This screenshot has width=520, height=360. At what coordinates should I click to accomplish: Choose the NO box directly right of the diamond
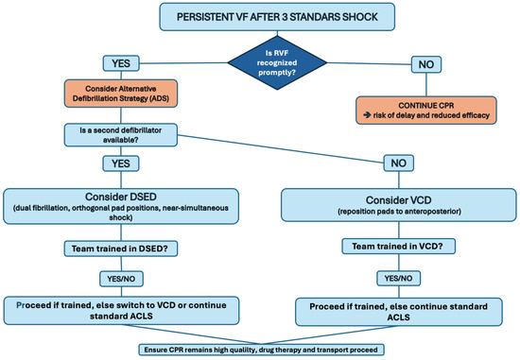[424, 65]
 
